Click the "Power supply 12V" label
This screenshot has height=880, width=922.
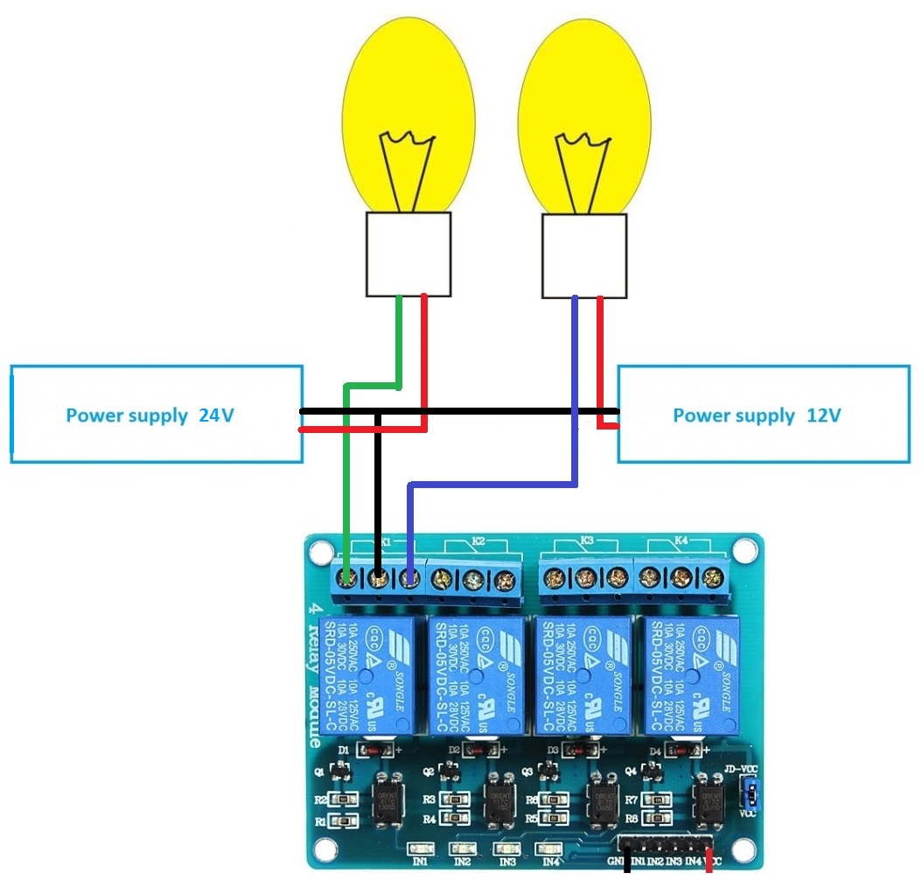point(757,416)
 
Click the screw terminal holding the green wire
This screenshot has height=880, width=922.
point(349,577)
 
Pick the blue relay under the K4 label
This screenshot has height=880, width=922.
point(692,674)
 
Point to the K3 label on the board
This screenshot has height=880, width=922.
point(585,541)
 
